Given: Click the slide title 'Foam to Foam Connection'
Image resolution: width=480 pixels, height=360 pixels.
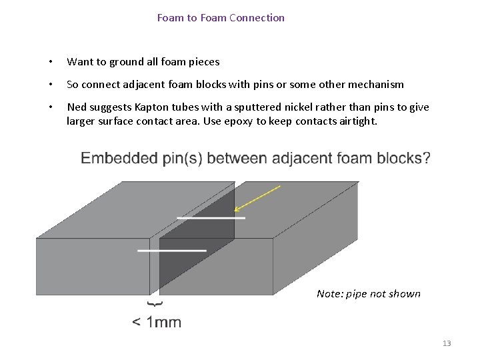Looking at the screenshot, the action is click(x=221, y=18).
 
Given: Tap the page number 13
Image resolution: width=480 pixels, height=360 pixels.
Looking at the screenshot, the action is click(x=447, y=343).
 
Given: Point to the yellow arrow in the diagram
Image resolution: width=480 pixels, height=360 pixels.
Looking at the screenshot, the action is click(x=257, y=198).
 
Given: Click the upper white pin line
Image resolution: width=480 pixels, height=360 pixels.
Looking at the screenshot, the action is click(x=211, y=217).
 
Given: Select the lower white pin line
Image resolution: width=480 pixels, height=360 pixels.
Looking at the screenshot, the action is click(x=172, y=250).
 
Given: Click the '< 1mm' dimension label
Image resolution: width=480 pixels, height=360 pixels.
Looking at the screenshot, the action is click(x=157, y=323).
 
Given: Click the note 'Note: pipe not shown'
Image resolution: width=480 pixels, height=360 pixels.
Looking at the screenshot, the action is click(x=369, y=294).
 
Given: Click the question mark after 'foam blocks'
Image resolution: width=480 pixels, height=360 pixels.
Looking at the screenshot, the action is click(x=426, y=159).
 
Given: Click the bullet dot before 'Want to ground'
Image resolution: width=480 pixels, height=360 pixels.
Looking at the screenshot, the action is click(x=49, y=62).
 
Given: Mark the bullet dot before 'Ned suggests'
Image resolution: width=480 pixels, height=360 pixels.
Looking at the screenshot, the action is click(x=49, y=107).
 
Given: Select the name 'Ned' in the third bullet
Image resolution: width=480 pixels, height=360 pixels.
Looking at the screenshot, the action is click(x=77, y=107).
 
